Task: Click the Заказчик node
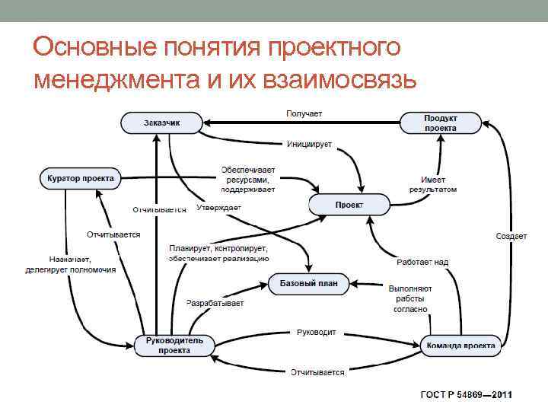tap(161, 123)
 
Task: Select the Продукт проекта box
tap(441, 123)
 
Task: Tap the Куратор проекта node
tap(80, 178)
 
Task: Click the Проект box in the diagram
tap(349, 205)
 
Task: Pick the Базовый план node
tap(308, 284)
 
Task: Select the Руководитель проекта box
tap(174, 346)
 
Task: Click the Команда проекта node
tap(461, 346)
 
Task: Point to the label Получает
tap(304, 113)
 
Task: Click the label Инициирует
tap(309, 144)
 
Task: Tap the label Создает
tap(511, 236)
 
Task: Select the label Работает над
tap(422, 262)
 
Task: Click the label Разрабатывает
tap(215, 303)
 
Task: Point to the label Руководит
tap(317, 333)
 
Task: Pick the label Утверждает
tap(218, 207)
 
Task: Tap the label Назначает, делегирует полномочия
tap(70, 264)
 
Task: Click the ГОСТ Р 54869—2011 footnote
tap(467, 395)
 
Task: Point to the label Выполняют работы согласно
tap(410, 299)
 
